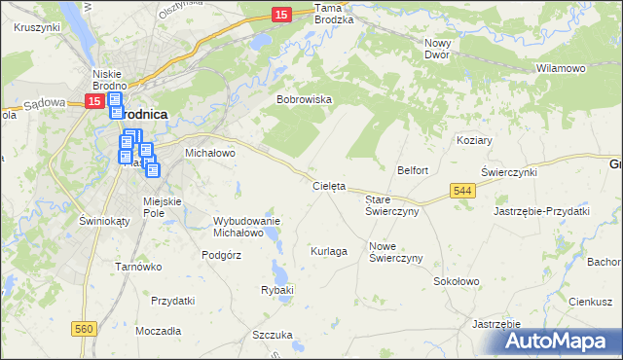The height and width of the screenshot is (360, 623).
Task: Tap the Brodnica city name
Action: click(x=143, y=114)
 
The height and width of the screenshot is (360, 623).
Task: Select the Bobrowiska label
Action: click(x=305, y=99)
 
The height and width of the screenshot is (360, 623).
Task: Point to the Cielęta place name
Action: click(x=329, y=185)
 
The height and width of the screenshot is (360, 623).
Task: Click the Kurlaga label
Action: click(x=329, y=251)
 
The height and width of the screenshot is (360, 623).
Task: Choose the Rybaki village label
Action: click(x=277, y=290)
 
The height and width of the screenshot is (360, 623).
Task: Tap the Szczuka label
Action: click(x=273, y=335)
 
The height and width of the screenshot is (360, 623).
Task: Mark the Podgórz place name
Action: click(x=221, y=254)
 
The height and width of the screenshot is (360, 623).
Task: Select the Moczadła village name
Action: click(x=159, y=331)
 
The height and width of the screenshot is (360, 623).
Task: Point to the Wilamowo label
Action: click(x=561, y=69)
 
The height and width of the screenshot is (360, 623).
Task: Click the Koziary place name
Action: click(x=474, y=140)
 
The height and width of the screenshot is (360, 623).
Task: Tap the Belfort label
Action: click(x=413, y=170)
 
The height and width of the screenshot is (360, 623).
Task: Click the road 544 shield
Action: click(x=463, y=193)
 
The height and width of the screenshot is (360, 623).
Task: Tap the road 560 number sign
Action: click(x=84, y=330)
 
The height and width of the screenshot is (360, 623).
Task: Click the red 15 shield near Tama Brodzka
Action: click(x=280, y=15)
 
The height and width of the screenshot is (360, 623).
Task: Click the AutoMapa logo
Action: click(x=562, y=341)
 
